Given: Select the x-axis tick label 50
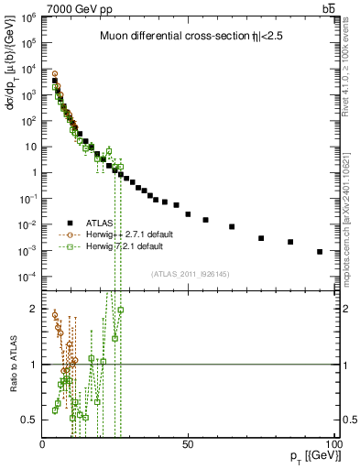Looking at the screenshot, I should (187, 444).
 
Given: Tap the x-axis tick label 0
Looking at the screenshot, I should (42, 444).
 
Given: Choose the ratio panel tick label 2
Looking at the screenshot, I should (33, 309).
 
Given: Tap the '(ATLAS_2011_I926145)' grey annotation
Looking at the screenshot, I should (191, 274).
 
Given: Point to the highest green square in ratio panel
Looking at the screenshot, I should (120, 310).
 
